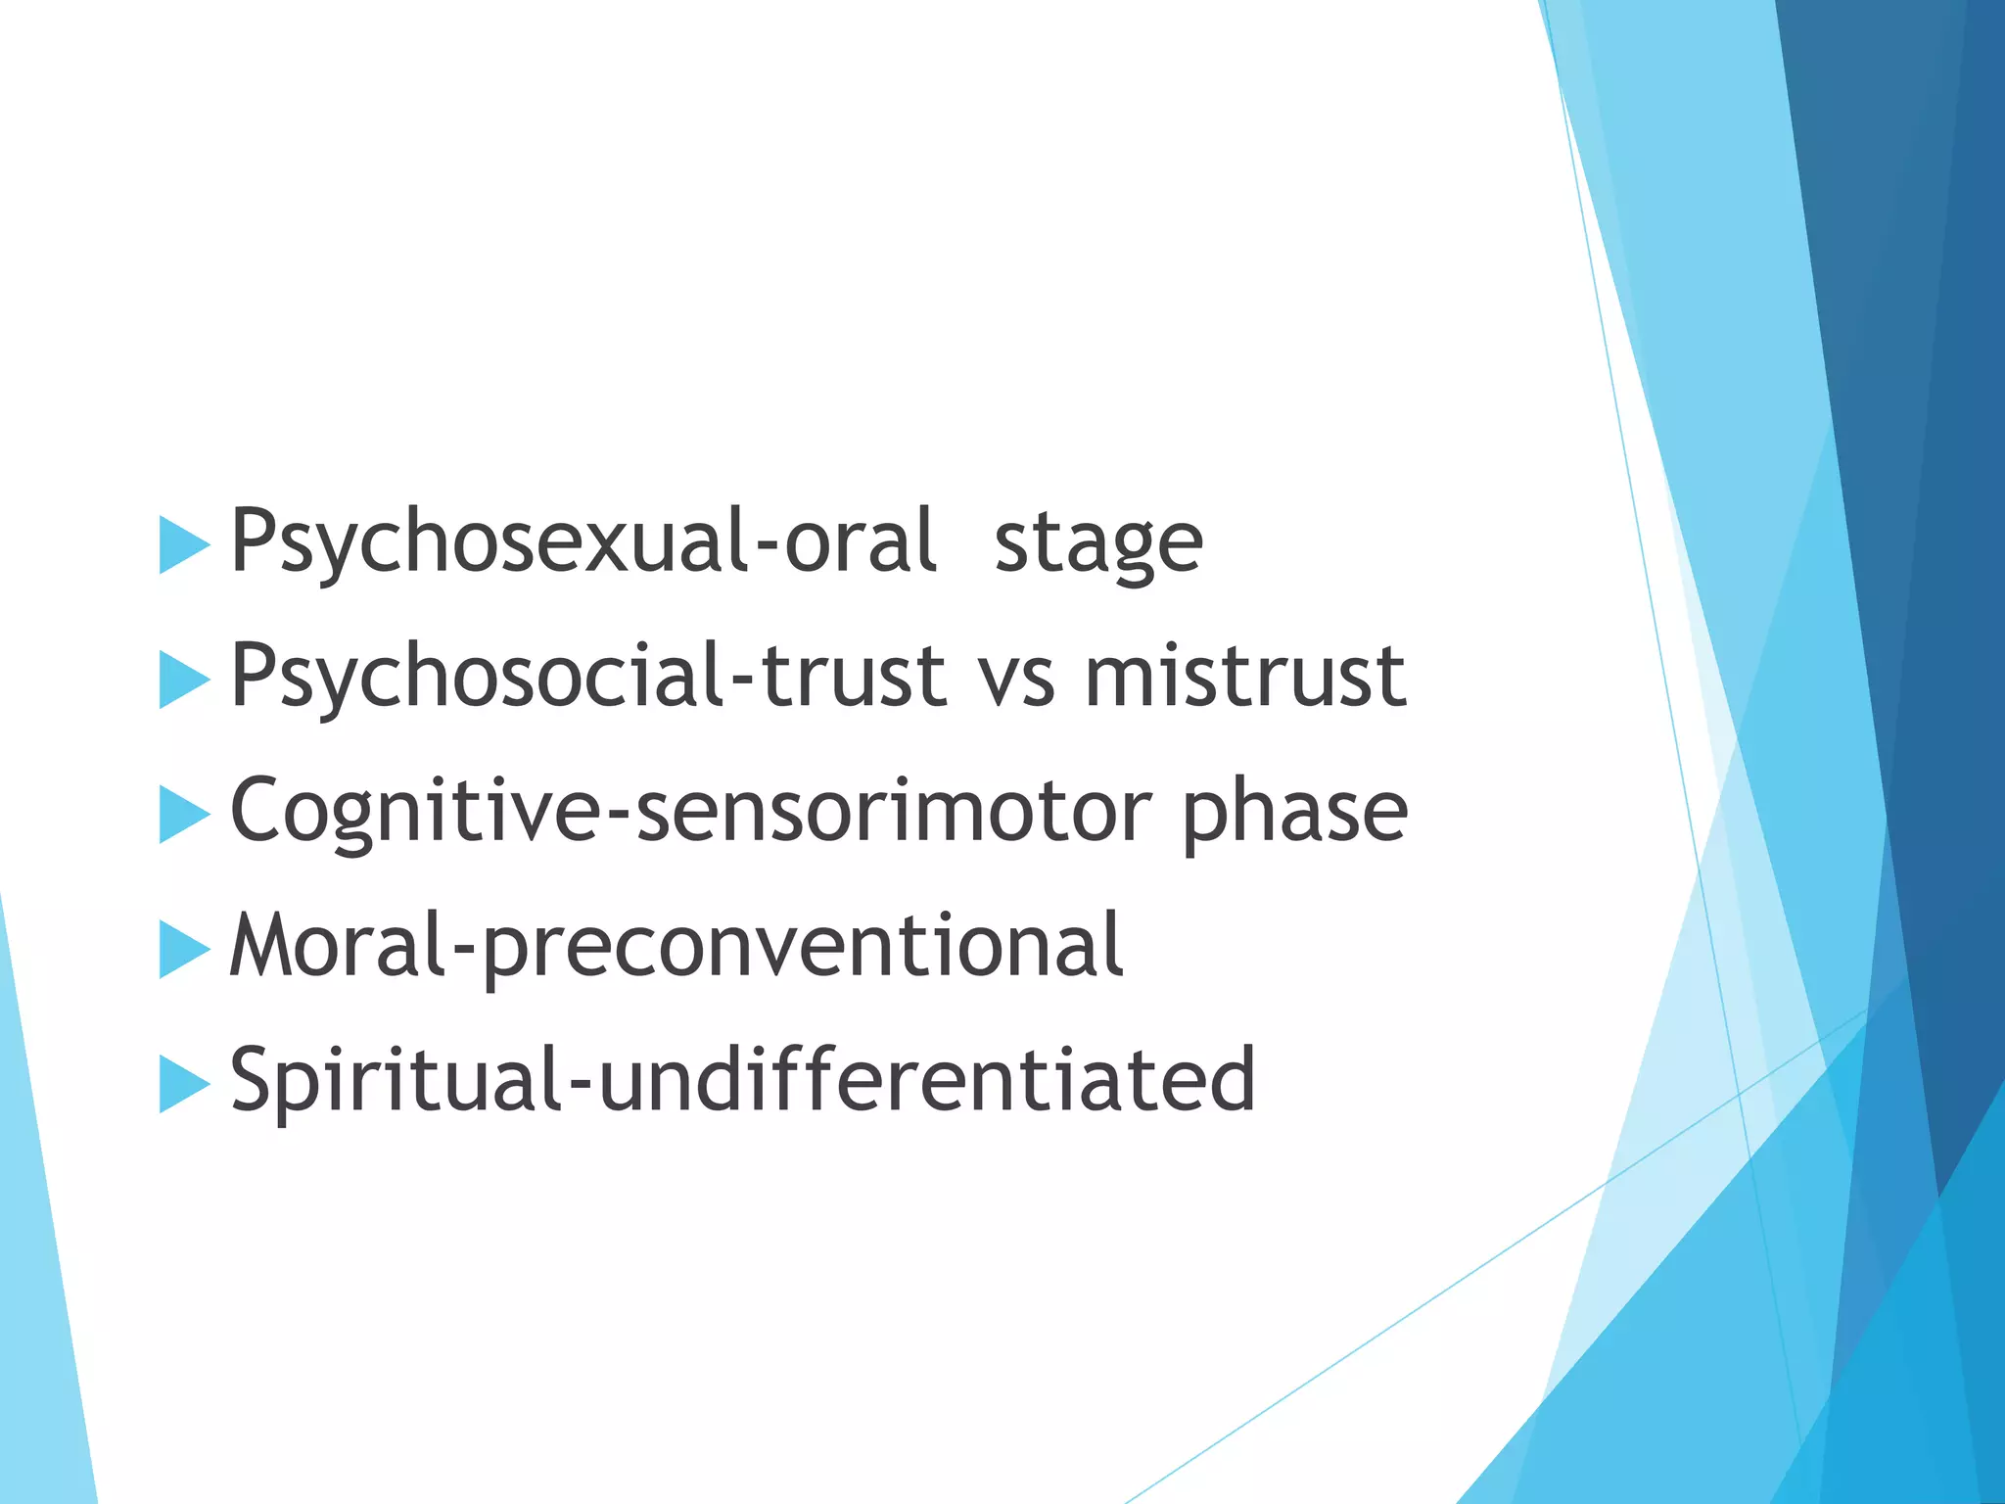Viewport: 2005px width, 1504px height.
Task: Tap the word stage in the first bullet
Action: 1097,543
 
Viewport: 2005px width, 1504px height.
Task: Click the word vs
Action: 1017,678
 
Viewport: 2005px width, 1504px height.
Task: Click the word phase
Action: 1294,814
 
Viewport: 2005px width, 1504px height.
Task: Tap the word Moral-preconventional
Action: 676,946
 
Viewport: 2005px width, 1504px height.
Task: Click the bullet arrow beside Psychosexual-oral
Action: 183,545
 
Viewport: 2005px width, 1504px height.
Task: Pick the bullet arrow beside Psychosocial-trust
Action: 183,680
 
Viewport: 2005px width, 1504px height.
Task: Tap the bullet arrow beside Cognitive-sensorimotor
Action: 183,815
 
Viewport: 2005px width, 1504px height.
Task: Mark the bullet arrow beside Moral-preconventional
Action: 183,949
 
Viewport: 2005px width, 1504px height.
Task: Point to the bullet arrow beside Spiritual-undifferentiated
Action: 183,1084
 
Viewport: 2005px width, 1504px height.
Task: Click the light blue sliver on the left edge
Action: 39,1273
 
